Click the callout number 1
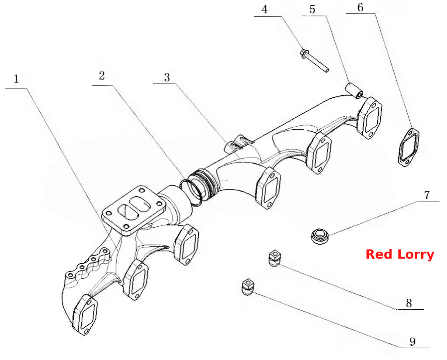click(16, 79)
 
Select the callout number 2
click(102, 76)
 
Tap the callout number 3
click(167, 77)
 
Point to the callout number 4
click(265, 10)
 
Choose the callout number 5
click(312, 10)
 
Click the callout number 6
click(360, 8)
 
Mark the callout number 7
click(426, 196)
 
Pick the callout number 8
click(409, 303)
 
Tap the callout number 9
click(412, 341)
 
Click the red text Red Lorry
click(400, 254)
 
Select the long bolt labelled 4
click(315, 61)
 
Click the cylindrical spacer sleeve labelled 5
click(354, 90)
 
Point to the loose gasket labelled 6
click(409, 147)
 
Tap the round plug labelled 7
click(319, 236)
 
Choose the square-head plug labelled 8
click(274, 258)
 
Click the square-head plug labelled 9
click(247, 287)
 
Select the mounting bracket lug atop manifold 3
click(239, 144)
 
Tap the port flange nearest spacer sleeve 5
click(370, 118)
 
